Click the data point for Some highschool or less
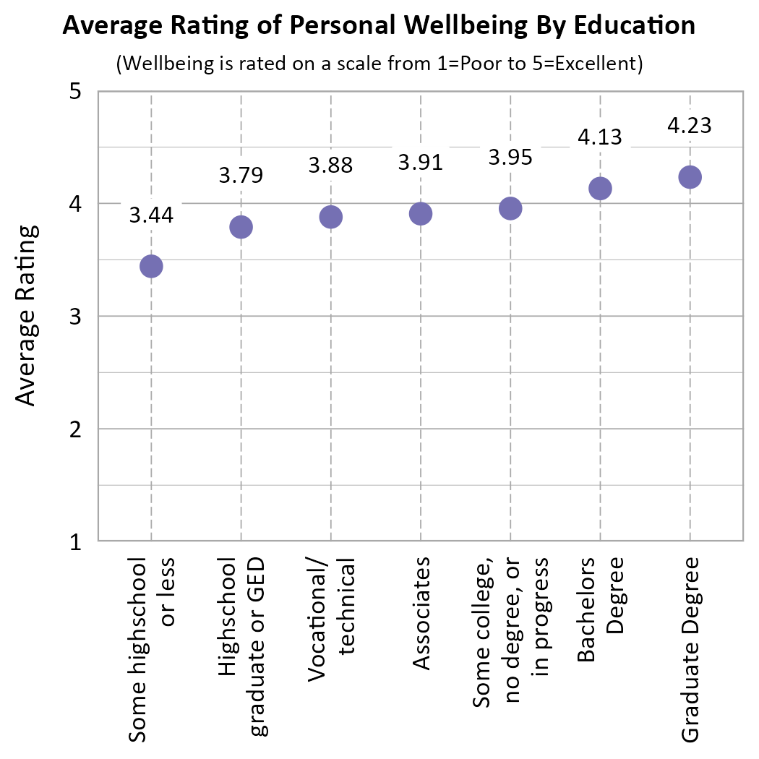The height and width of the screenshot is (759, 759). pyautogui.click(x=150, y=266)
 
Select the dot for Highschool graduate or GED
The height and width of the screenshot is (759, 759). pyautogui.click(x=241, y=227)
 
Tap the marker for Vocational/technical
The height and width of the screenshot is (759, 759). pyautogui.click(x=330, y=217)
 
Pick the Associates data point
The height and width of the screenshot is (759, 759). pyautogui.click(x=421, y=213)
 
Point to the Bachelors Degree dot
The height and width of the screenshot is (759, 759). pyautogui.click(x=600, y=189)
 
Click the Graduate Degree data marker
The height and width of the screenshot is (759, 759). pyautogui.click(x=690, y=177)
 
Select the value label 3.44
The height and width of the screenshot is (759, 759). pyautogui.click(x=151, y=215)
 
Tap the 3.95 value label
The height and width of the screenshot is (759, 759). pyautogui.click(x=510, y=157)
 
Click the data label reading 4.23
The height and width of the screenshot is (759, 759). pyautogui.click(x=690, y=125)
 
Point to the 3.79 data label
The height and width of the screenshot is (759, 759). pyautogui.click(x=241, y=175)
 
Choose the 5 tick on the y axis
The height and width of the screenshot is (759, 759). pyautogui.click(x=74, y=93)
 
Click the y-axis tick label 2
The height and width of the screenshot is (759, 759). pyautogui.click(x=74, y=429)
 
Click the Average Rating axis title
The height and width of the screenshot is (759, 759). pyautogui.click(x=26, y=315)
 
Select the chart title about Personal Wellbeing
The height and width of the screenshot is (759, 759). pyautogui.click(x=379, y=26)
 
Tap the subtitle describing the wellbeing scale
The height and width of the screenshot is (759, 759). pyautogui.click(x=379, y=64)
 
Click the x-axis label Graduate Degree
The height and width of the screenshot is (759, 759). pyautogui.click(x=690, y=648)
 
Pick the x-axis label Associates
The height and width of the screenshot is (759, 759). pyautogui.click(x=421, y=614)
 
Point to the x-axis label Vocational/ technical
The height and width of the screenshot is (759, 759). pyautogui.click(x=330, y=619)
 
